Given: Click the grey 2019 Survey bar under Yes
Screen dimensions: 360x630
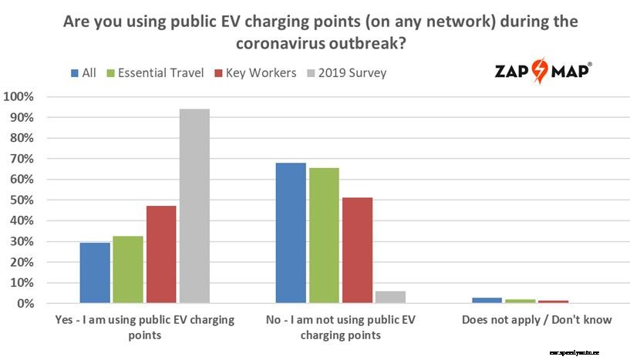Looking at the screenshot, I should point(194,207).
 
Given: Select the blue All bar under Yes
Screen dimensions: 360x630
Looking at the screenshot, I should point(95,273).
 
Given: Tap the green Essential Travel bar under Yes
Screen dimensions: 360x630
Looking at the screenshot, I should point(128,270).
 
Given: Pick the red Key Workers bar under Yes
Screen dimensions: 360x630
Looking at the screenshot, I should point(161,254).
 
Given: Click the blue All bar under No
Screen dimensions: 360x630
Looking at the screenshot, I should point(291,233).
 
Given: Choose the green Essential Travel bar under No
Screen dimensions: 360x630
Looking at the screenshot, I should point(324,235).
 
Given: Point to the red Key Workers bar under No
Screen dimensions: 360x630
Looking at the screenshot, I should point(357,251).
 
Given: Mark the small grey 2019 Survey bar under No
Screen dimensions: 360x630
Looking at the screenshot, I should point(390,297).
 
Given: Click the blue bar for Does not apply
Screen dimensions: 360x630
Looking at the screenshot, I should point(487,300).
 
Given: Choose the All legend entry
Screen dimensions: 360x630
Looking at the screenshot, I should point(84,73).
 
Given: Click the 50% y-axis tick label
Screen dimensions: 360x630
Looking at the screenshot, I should point(22,200).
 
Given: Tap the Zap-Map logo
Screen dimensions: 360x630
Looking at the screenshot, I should point(544,72).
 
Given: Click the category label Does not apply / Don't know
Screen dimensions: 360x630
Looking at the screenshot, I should point(536,319).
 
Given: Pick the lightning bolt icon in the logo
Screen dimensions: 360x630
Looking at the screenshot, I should point(543,71).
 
